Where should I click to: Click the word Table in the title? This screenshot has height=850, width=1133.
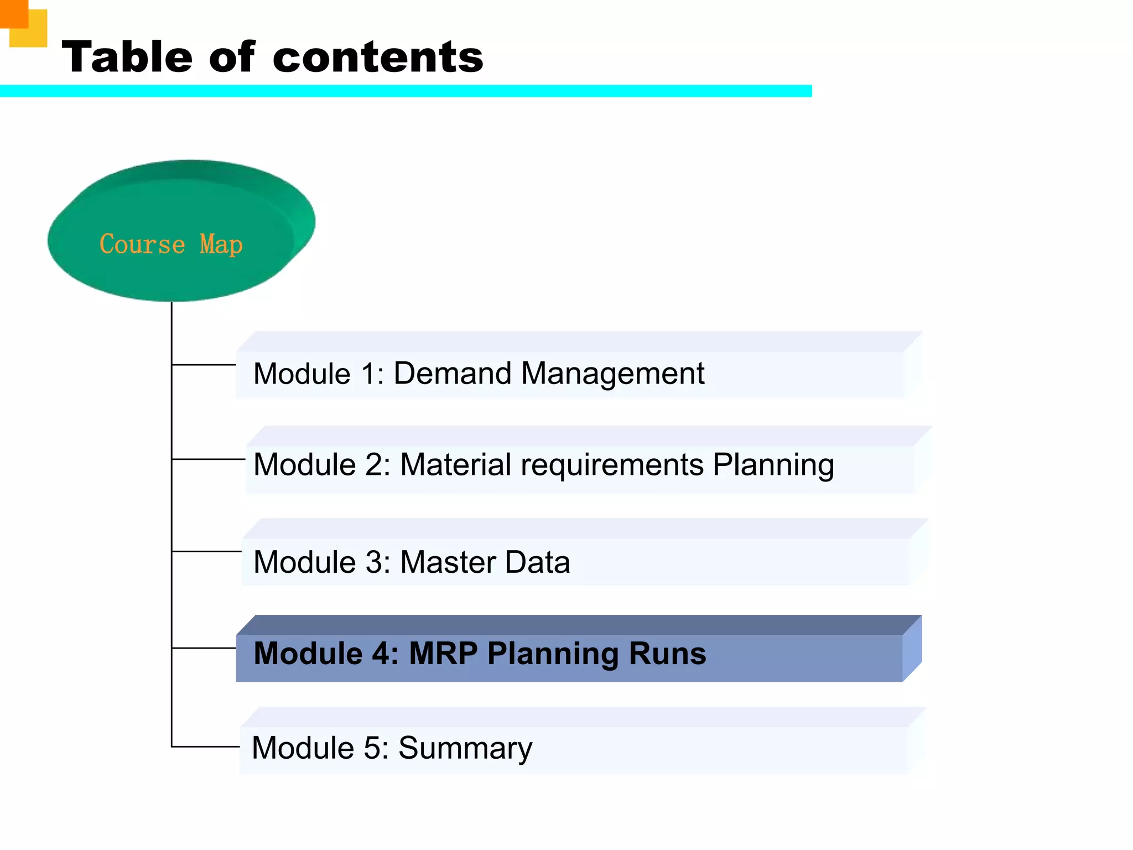tap(127, 57)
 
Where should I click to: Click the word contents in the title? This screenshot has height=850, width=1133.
tap(378, 58)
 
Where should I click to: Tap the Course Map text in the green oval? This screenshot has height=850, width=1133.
tap(171, 244)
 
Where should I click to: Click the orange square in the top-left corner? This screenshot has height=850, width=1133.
tap(13, 13)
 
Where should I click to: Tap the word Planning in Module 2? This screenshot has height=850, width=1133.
tap(773, 465)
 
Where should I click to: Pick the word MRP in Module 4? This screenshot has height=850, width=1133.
tap(443, 654)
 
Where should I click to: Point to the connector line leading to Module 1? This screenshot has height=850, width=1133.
tap(204, 365)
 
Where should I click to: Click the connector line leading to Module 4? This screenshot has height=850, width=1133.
tap(204, 648)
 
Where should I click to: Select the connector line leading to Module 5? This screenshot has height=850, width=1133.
tap(205, 747)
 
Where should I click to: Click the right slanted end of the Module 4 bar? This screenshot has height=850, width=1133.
tap(912, 649)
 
